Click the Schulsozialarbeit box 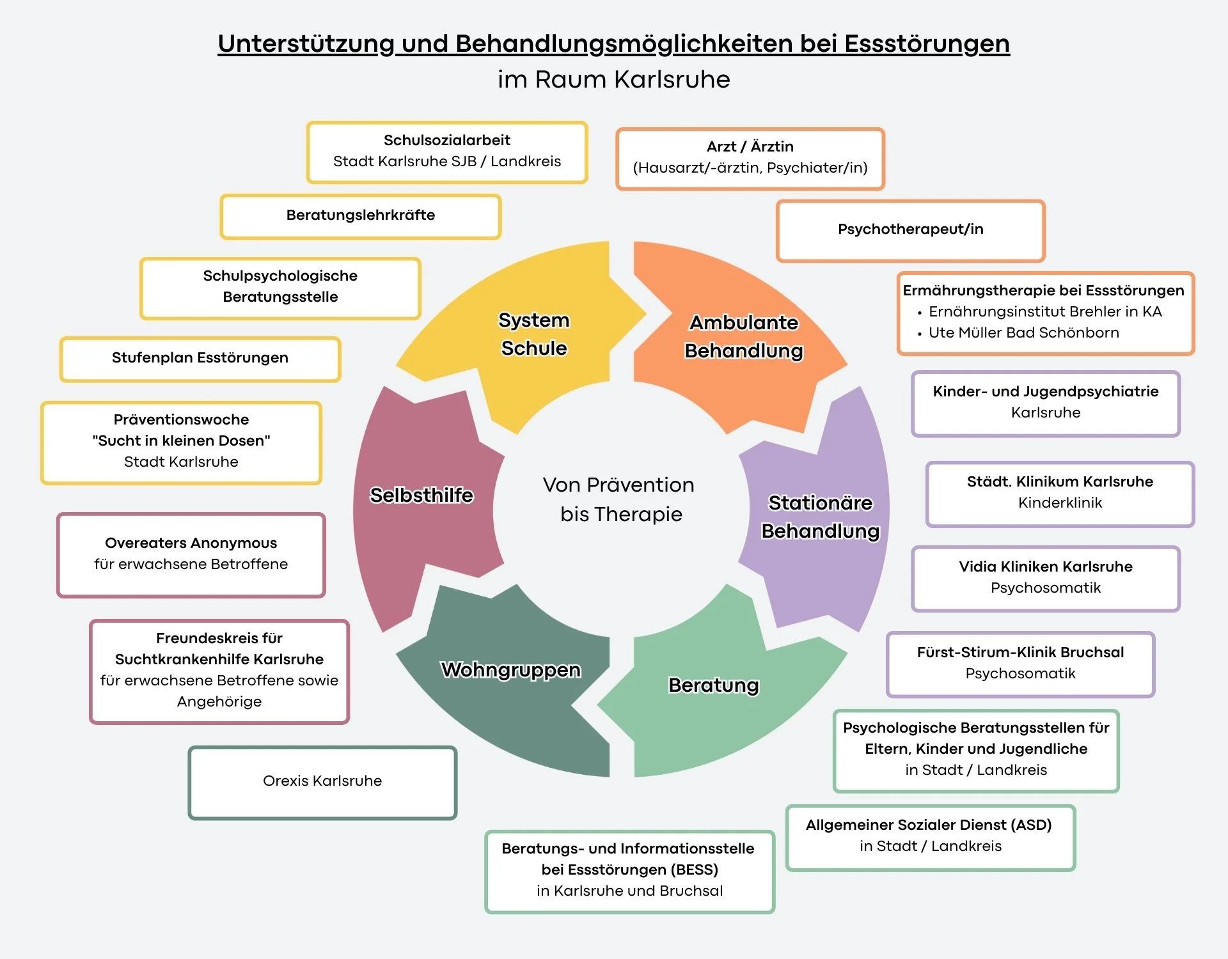(447, 152)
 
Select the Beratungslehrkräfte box (361, 216)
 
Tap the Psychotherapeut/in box (910, 230)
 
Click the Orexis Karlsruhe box (322, 781)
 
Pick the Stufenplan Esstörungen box (200, 358)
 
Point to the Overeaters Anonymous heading (191, 543)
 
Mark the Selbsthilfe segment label (421, 495)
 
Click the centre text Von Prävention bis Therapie (619, 499)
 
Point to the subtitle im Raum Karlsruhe (613, 80)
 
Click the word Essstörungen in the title (927, 43)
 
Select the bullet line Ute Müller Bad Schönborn (1023, 333)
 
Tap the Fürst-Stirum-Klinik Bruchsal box (1020, 663)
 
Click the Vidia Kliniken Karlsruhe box (1046, 577)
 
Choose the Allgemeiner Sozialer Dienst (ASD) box (930, 836)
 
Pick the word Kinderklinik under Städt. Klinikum (1060, 503)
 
